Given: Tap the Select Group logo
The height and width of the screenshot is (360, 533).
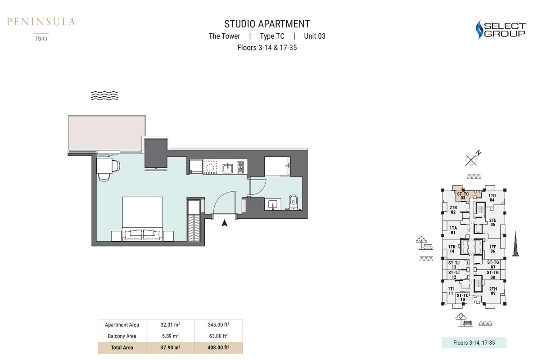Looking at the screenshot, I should (x=501, y=29).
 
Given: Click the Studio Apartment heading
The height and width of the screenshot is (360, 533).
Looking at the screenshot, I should (x=267, y=24).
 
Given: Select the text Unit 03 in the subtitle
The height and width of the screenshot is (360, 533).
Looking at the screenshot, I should (x=314, y=36).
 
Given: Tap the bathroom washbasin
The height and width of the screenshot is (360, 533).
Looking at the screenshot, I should (x=273, y=205).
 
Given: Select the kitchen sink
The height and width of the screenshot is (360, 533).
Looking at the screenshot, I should (x=228, y=168).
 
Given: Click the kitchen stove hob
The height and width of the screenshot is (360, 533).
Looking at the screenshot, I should (x=240, y=168).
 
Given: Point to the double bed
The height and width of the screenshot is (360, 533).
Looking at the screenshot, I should (x=142, y=217).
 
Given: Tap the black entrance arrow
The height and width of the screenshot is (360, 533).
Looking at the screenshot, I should (x=225, y=221).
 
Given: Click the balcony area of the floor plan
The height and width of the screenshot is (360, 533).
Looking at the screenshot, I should (x=106, y=133).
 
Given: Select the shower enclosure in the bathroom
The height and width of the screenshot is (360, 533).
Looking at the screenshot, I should (x=277, y=166).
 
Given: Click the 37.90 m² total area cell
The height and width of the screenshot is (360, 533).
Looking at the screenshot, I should (x=170, y=347).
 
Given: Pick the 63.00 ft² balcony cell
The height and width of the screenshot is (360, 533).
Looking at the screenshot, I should (x=218, y=336).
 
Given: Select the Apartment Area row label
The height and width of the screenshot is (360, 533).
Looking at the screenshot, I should (x=122, y=325).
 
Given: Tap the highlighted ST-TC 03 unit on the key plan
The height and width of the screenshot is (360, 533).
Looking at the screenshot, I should (x=462, y=195).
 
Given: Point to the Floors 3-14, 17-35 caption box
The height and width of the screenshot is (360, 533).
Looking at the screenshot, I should (x=474, y=343).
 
